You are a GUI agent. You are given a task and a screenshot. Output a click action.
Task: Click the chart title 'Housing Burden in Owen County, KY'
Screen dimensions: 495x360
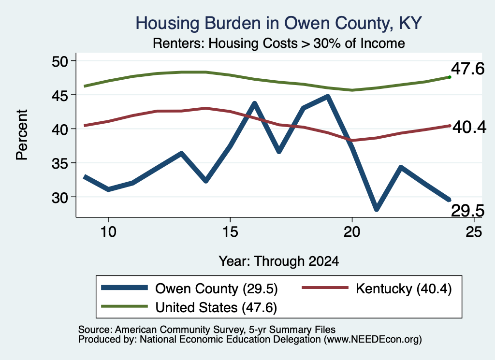(x=279, y=23)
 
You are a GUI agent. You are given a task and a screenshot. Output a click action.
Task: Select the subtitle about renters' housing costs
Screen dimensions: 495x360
(x=279, y=43)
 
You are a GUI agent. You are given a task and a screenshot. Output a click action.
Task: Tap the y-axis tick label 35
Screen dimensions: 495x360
(x=60, y=163)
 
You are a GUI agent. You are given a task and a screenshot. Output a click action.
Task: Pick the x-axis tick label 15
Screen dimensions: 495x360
(x=230, y=232)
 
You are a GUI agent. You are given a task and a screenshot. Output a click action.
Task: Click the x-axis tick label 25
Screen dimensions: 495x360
(x=474, y=232)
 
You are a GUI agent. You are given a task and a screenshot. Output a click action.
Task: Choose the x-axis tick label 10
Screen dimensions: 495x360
(x=108, y=232)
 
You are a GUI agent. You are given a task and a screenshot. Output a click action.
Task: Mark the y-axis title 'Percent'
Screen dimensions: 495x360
(x=22, y=135)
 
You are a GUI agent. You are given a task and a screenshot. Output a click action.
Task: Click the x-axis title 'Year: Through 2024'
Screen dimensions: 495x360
(x=279, y=261)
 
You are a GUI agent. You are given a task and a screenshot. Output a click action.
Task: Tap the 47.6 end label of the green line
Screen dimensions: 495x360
(x=467, y=69)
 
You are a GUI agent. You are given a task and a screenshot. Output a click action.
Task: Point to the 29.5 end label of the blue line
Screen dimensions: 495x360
(x=467, y=211)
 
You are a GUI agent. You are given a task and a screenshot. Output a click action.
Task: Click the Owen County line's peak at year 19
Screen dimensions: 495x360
(x=328, y=97)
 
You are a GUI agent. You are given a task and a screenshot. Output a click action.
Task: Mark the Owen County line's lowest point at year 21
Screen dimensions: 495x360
(x=376, y=209)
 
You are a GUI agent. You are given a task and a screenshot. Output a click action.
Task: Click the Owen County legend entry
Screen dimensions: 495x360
(x=189, y=288)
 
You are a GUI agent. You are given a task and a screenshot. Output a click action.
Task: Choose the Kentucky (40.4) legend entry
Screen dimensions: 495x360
(x=377, y=288)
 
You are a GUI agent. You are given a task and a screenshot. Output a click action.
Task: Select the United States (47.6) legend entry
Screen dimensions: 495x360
(x=189, y=307)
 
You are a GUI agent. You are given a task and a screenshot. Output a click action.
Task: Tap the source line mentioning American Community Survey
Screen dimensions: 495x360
(x=207, y=330)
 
